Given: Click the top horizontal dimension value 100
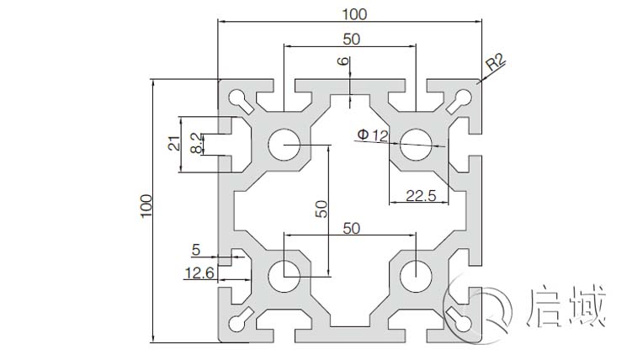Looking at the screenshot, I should [349, 13].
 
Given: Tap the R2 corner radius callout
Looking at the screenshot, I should [495, 61].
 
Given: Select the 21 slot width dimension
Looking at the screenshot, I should [172, 144].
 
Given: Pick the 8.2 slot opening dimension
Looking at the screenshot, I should [195, 143].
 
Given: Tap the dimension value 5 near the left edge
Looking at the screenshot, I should [196, 249].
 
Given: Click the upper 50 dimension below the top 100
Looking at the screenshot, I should [351, 38].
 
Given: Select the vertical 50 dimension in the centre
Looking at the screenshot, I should [321, 209].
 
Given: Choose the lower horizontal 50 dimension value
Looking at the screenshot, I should [351, 227].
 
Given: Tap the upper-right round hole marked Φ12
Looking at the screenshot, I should [414, 144].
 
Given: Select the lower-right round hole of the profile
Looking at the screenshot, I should [414, 274].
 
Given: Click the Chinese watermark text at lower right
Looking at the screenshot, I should [566, 307].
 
